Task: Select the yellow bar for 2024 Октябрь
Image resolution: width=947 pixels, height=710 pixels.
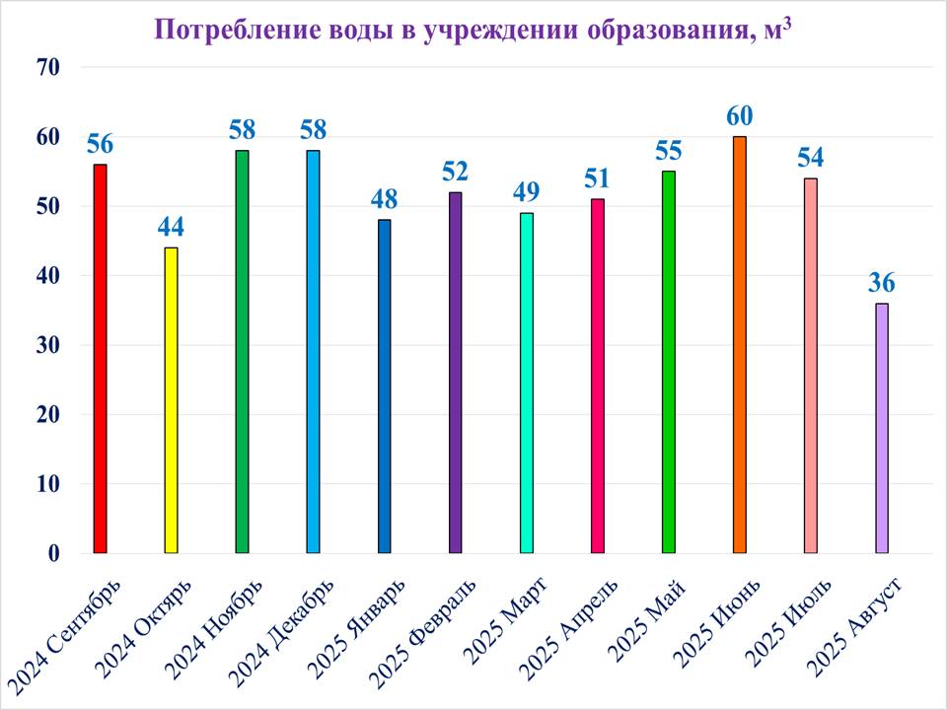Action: [171, 399]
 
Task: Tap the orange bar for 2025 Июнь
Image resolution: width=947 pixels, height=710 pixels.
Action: [739, 344]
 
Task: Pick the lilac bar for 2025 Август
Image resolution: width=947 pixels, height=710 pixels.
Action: [881, 428]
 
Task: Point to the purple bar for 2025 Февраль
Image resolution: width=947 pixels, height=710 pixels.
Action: [455, 372]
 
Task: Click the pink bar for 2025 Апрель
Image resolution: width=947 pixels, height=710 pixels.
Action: [597, 376]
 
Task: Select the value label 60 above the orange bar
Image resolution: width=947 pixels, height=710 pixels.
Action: [740, 116]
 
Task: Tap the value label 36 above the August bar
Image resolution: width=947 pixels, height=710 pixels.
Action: [881, 283]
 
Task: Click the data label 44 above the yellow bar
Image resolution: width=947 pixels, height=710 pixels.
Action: [171, 228]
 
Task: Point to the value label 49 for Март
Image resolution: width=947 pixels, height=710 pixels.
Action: [526, 192]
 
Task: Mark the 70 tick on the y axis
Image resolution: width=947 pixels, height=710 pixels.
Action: [48, 68]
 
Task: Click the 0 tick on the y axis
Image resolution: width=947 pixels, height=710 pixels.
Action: [54, 553]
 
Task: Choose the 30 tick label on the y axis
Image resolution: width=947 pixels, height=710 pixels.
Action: [48, 345]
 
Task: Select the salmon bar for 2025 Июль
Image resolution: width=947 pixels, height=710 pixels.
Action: [810, 365]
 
